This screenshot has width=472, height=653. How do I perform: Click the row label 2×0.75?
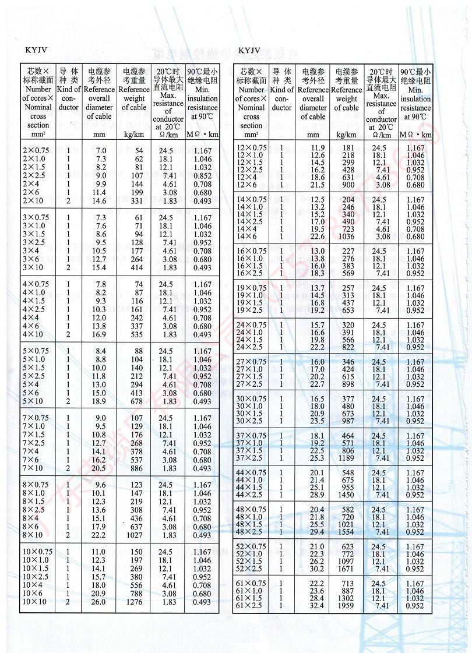[x=36, y=150]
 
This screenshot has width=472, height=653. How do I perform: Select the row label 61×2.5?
[x=250, y=606]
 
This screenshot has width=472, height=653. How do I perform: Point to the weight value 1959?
[x=346, y=606]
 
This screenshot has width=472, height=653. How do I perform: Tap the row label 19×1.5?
[x=251, y=303]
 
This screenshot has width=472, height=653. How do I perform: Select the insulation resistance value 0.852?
[x=202, y=175]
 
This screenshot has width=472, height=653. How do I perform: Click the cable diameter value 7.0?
[x=100, y=150]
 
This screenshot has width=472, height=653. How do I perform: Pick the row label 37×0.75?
[x=251, y=436]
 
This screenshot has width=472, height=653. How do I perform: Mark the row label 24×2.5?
[x=251, y=347]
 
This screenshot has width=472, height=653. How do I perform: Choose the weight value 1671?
[x=346, y=569]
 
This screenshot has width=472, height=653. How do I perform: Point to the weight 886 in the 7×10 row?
[x=135, y=468]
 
